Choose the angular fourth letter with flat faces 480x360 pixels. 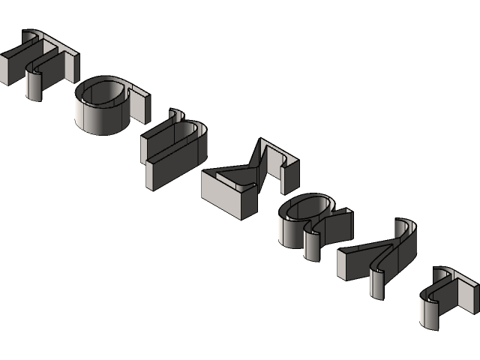247,180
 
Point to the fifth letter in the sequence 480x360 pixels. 311,221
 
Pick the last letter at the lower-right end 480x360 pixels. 446,296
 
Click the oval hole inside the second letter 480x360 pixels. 101,93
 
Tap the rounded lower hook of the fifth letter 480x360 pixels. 312,244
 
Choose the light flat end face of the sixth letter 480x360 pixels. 349,262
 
